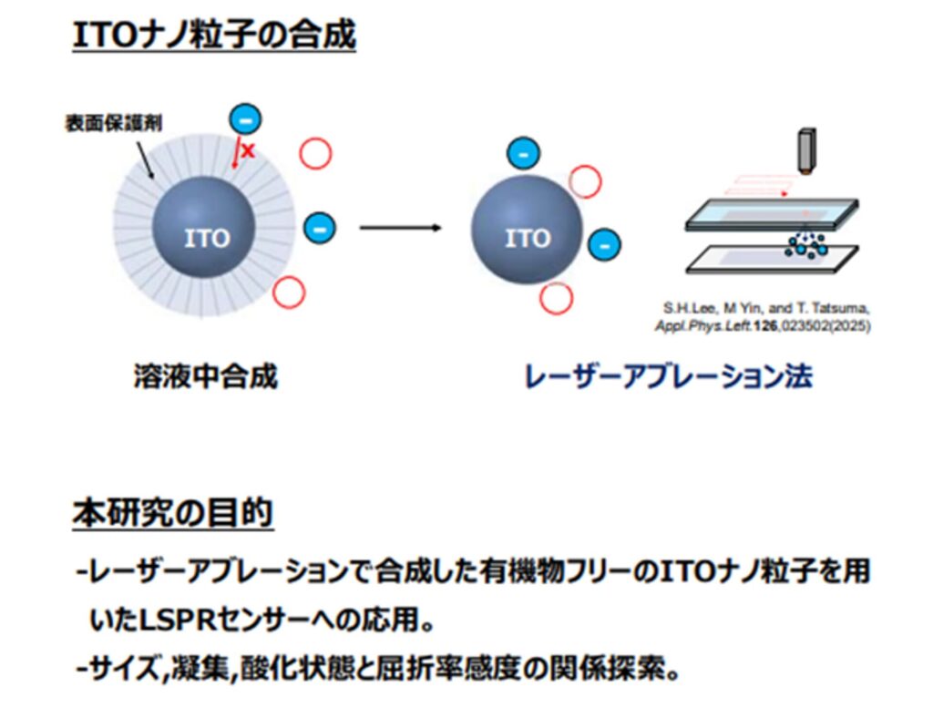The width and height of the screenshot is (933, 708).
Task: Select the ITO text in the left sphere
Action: (x=207, y=239)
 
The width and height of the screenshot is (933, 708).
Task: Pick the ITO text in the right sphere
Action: (x=528, y=238)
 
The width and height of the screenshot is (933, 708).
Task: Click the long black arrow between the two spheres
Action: (x=400, y=227)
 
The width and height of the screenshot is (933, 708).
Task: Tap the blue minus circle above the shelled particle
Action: (x=245, y=118)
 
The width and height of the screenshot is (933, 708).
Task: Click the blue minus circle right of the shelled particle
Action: (x=318, y=227)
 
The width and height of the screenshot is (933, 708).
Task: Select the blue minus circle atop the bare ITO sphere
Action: (x=521, y=154)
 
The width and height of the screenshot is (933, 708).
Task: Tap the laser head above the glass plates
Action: (x=805, y=150)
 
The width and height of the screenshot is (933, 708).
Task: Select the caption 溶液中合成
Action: (x=205, y=375)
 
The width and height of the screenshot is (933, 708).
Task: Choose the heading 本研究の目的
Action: (x=172, y=513)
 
